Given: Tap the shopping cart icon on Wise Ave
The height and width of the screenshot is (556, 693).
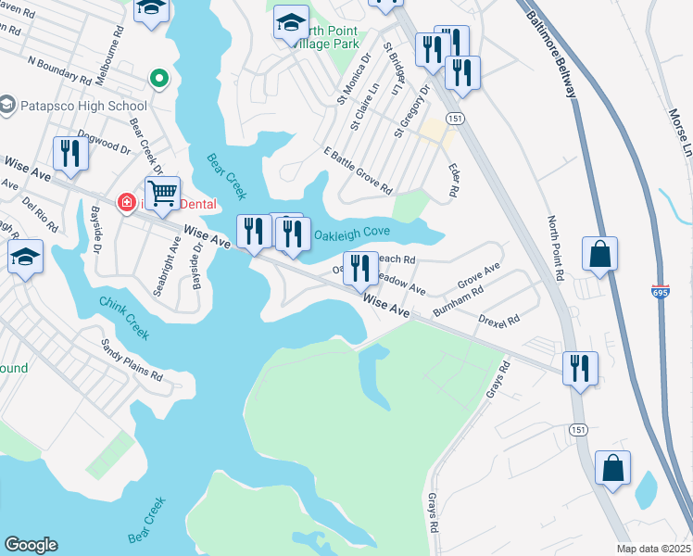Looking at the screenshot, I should (162, 193).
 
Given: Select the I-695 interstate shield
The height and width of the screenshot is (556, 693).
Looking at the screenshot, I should (660, 291).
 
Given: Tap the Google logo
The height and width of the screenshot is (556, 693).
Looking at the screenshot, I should (31, 545).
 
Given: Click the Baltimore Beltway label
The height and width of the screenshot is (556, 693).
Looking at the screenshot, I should (552, 54).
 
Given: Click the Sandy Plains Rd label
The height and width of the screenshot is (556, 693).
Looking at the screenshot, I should (132, 360).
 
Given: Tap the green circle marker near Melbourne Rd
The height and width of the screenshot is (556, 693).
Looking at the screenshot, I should (159, 79).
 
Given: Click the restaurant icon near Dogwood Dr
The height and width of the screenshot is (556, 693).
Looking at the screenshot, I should (69, 154).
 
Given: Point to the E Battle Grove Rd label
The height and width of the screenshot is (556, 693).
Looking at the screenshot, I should (358, 171).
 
